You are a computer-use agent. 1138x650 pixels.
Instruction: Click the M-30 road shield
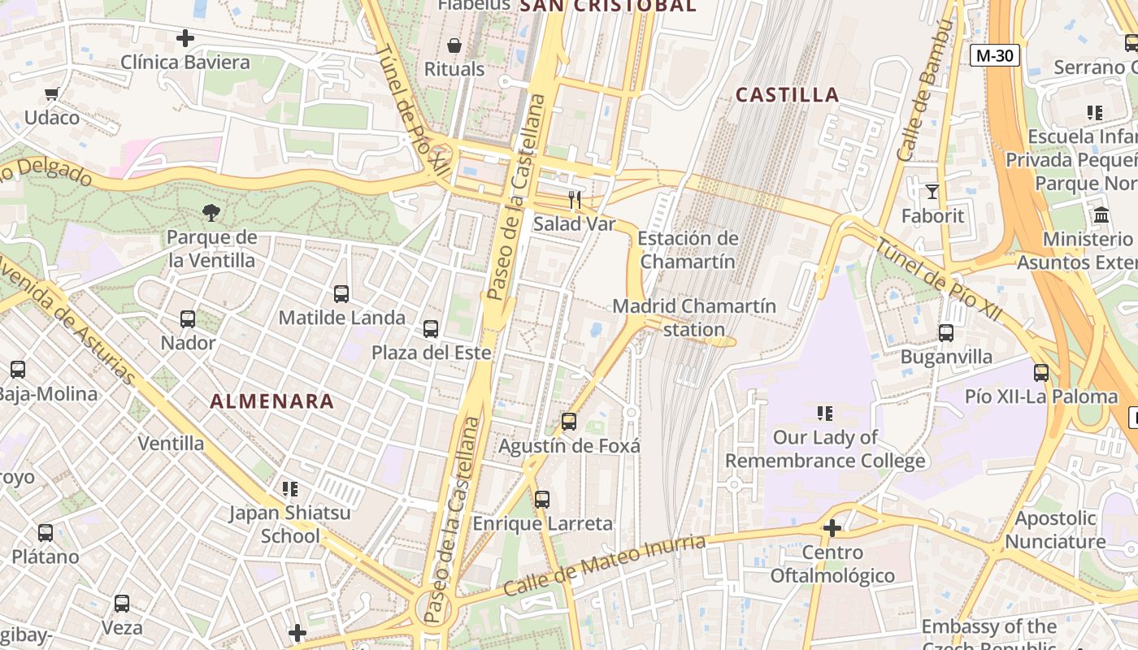tap(994, 55)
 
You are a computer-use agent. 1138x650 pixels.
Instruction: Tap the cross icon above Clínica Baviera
tap(185, 38)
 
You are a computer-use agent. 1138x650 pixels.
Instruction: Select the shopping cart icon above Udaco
tap(52, 93)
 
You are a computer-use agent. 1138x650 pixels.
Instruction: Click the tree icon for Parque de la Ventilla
tap(211, 213)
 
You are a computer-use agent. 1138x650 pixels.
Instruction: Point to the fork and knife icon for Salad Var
tap(575, 199)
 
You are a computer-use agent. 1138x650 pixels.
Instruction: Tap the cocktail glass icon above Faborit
tap(932, 192)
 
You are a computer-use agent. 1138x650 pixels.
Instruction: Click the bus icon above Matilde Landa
tap(341, 294)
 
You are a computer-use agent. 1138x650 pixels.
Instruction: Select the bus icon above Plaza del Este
tap(431, 329)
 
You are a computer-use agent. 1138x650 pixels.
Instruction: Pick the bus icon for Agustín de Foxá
tap(569, 422)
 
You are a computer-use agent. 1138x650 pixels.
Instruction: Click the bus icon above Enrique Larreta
tap(542, 500)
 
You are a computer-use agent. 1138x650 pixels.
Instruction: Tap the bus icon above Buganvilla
tap(946, 333)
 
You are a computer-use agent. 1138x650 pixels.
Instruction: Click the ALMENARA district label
tap(272, 401)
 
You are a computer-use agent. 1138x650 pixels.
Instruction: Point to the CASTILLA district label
tap(787, 95)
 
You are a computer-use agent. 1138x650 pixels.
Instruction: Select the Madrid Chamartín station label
tap(693, 318)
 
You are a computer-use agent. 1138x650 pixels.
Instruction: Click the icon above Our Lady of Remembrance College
tap(825, 414)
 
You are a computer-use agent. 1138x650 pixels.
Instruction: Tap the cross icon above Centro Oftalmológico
tap(832, 529)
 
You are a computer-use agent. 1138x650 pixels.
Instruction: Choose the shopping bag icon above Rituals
tap(454, 45)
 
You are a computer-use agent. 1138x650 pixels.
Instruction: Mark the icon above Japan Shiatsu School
tap(290, 489)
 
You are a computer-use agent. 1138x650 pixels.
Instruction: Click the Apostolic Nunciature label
tap(1055, 530)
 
